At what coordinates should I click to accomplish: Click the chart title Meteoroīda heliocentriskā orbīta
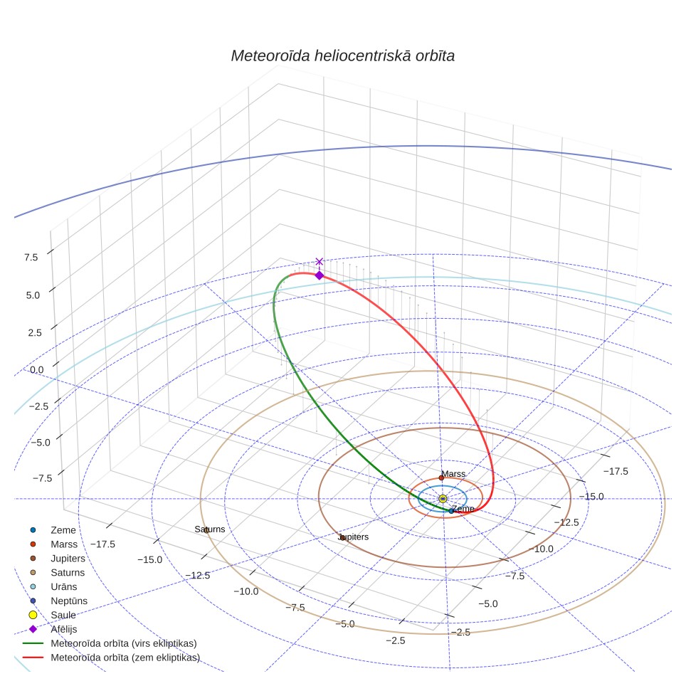[x=342, y=56]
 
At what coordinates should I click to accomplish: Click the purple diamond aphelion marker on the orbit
[x=320, y=275]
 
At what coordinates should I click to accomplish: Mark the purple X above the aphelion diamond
[x=320, y=262]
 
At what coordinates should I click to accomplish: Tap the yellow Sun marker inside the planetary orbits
[x=443, y=499]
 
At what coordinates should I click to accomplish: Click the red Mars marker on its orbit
[x=441, y=477]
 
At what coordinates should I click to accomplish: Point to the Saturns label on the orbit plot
[x=210, y=529]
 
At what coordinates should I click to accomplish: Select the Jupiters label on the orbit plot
[x=354, y=537]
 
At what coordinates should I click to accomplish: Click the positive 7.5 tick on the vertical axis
[x=31, y=258]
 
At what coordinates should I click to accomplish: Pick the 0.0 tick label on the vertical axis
[x=37, y=370]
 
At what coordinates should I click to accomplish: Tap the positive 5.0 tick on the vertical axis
[x=33, y=295]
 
